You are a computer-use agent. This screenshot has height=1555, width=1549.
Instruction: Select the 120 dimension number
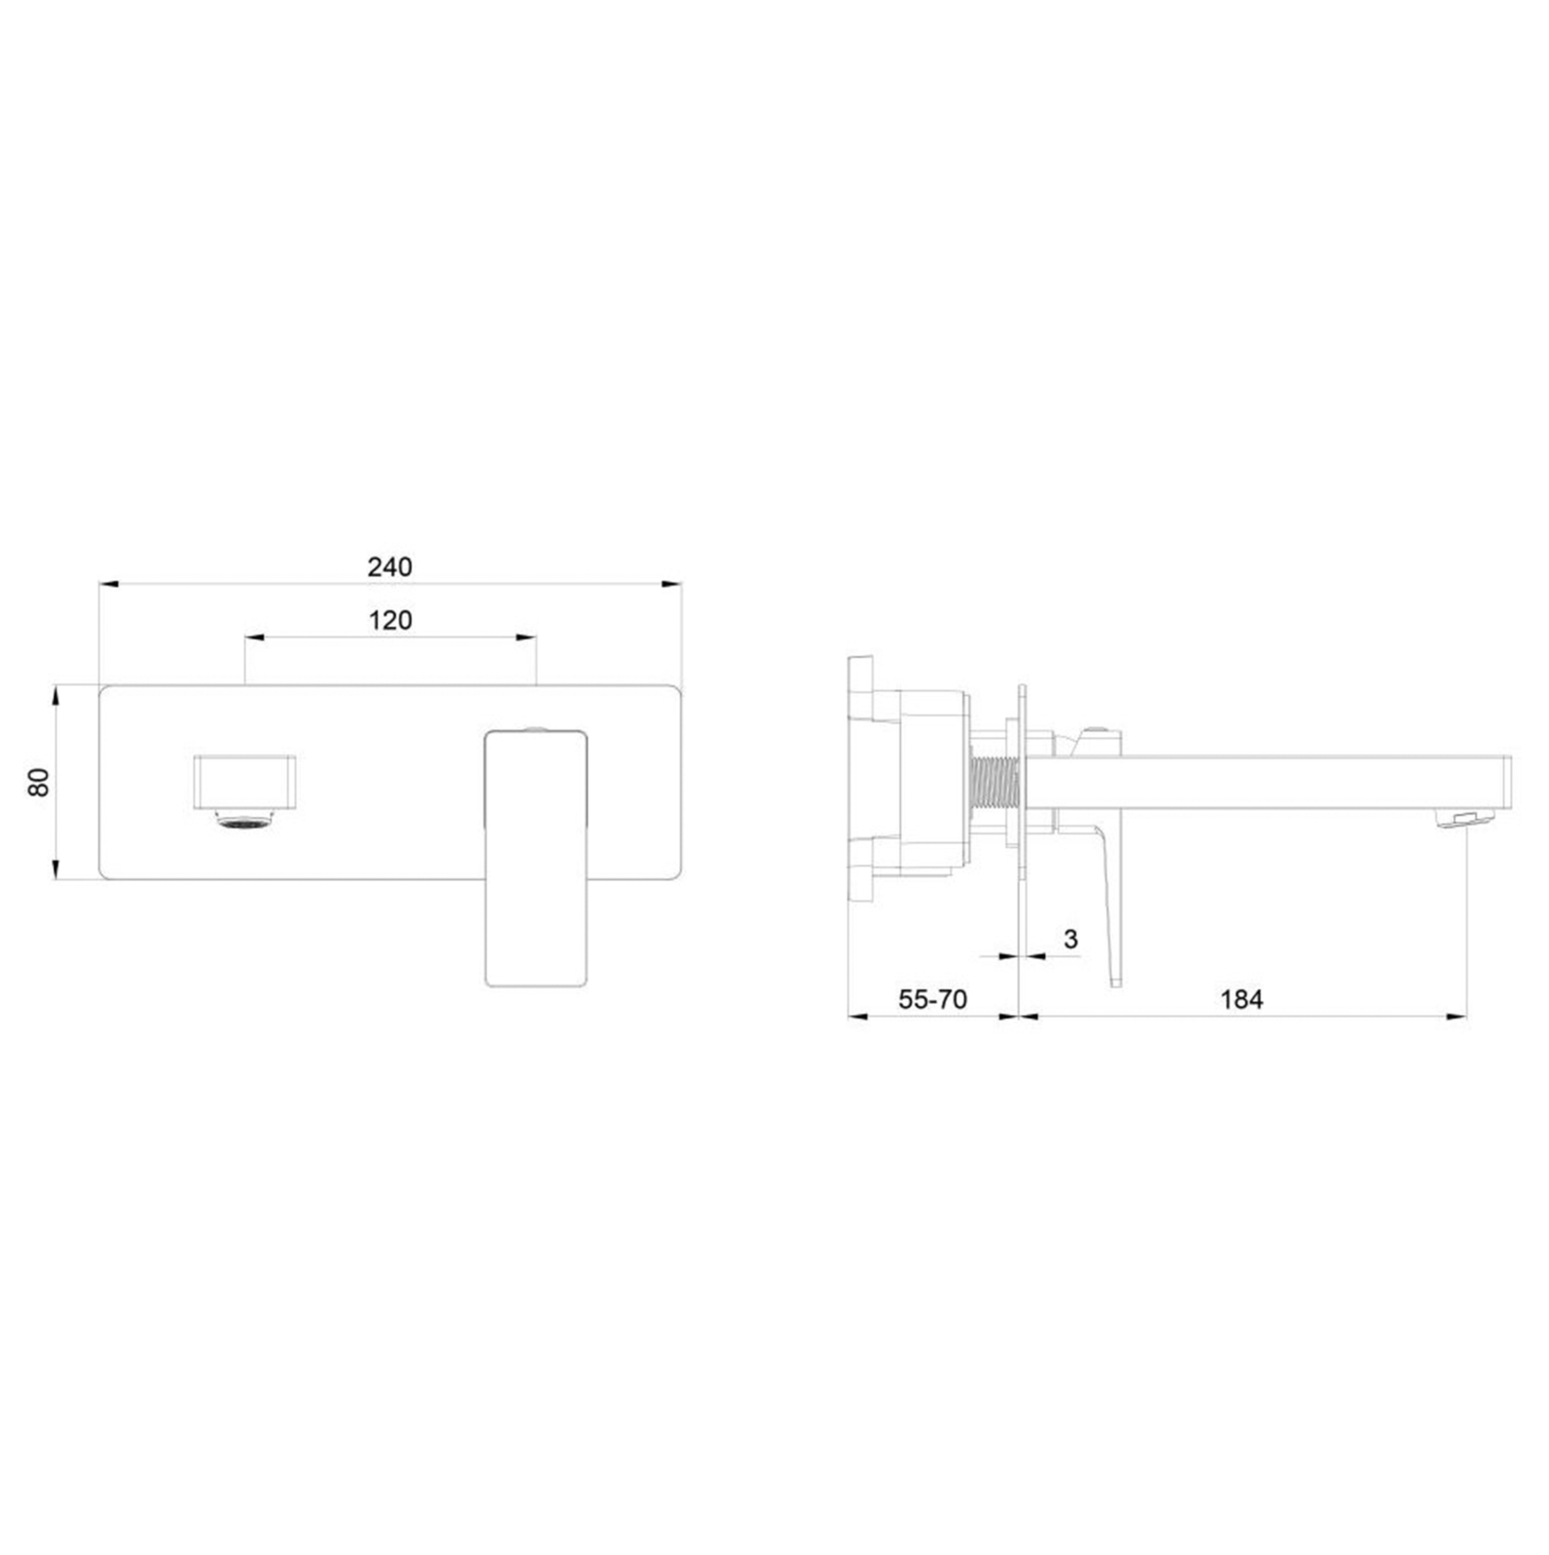tap(390, 620)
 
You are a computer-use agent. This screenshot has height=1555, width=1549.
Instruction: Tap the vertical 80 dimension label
tap(39, 782)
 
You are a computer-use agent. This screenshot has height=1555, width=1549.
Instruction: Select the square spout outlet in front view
tap(245, 782)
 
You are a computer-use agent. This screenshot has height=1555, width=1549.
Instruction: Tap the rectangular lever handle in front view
tap(536, 858)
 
